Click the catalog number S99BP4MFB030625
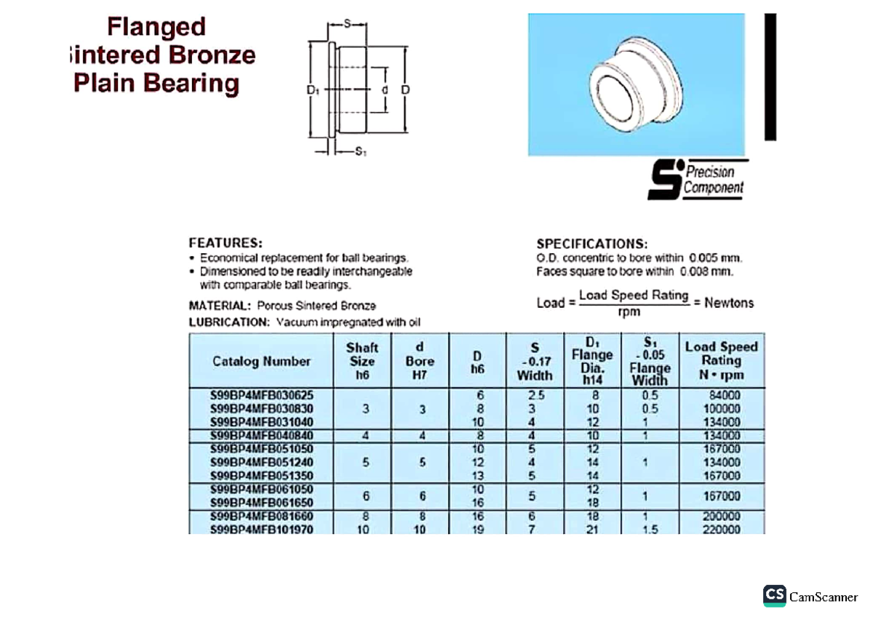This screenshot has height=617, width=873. coord(261,395)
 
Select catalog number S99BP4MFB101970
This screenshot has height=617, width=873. coord(261,530)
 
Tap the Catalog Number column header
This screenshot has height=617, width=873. coord(261,362)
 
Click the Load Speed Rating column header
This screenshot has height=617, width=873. coord(721,361)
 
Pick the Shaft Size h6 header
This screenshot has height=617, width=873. coord(362,361)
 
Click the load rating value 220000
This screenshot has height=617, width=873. coord(721,530)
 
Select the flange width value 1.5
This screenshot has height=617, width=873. coord(650,530)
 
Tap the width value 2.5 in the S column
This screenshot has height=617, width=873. coord(535,395)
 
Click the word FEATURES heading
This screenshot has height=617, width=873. coord(226,243)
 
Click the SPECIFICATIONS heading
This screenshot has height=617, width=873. coord(591,244)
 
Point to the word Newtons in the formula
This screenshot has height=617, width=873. coord(729,303)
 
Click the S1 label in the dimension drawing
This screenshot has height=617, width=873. coord(360,152)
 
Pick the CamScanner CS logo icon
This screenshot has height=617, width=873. coord(775,596)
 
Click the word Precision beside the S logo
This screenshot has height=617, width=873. coord(710,172)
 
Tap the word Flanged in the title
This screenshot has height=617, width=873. coord(156,28)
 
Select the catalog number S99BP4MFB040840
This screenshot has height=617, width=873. coord(261,435)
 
